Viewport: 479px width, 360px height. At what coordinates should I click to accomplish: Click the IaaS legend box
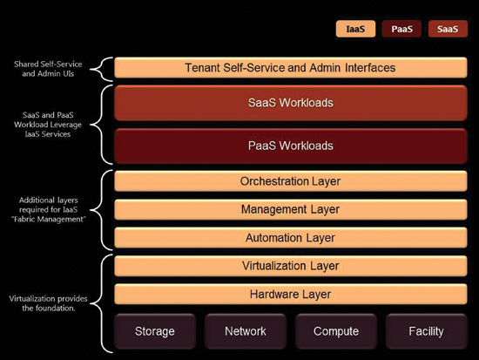click(355, 29)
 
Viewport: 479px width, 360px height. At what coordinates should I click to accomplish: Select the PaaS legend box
click(401, 29)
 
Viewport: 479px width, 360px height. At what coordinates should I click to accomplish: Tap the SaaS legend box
click(448, 29)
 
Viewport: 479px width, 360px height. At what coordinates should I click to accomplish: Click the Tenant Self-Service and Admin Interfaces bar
click(291, 67)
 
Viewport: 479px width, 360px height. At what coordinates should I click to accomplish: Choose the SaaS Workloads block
click(291, 103)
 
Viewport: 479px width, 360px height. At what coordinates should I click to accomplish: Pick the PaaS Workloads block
click(291, 146)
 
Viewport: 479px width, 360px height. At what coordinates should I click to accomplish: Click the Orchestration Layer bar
click(291, 181)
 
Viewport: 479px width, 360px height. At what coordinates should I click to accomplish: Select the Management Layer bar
click(291, 209)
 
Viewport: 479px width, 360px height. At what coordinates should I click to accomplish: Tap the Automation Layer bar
click(291, 238)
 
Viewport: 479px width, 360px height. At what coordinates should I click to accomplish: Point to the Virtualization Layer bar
click(291, 266)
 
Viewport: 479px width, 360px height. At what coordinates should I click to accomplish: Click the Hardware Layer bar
click(291, 295)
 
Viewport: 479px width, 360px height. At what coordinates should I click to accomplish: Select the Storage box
click(155, 331)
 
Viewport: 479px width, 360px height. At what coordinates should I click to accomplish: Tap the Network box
click(246, 331)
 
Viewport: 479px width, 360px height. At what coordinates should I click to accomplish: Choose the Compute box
click(336, 331)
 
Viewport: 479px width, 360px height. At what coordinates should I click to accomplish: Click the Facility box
click(427, 331)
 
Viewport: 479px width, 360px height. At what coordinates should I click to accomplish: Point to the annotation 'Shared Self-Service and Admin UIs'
click(48, 69)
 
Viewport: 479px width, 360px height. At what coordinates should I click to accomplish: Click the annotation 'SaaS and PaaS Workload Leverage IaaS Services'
click(48, 125)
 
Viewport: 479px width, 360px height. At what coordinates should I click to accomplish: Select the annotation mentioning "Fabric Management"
click(48, 209)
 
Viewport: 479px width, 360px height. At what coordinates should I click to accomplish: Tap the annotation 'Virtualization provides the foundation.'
click(48, 303)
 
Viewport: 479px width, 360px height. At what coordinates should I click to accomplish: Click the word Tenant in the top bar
click(202, 68)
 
